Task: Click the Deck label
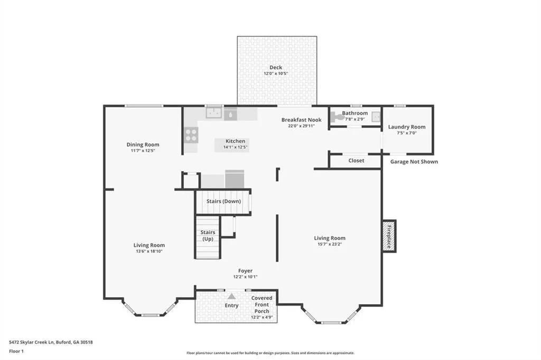(x=276, y=67)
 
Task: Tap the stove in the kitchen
(x=191, y=135)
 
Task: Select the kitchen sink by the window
(x=214, y=112)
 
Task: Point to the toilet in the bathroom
(x=337, y=117)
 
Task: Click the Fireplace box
(x=389, y=236)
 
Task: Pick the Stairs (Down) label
(x=223, y=201)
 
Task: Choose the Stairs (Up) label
(x=208, y=235)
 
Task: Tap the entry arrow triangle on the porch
(x=231, y=296)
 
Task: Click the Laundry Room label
(x=407, y=127)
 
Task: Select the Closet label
(x=356, y=160)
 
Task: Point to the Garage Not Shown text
(x=414, y=162)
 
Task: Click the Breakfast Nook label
(x=301, y=120)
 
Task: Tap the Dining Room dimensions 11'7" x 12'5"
(x=143, y=150)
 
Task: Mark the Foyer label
(x=245, y=271)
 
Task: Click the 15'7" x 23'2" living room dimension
(x=330, y=244)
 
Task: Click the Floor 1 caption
(x=16, y=352)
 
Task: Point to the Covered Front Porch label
(x=262, y=305)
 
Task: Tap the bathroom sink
(x=376, y=117)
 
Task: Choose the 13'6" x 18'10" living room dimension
(x=149, y=251)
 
